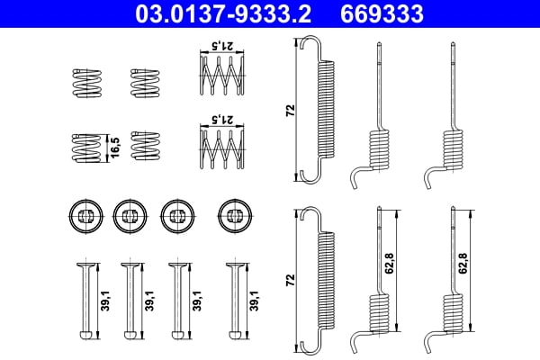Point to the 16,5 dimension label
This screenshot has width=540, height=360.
(113, 147)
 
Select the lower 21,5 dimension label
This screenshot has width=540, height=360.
(220, 119)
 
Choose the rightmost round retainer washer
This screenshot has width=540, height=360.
(233, 213)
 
